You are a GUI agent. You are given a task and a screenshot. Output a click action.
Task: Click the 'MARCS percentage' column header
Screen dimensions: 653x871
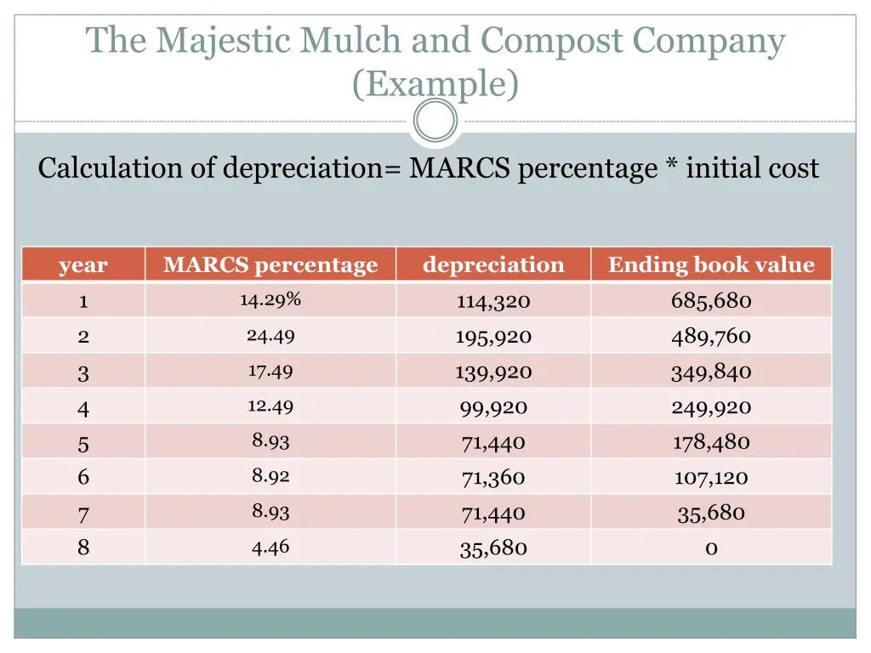pyautogui.click(x=270, y=265)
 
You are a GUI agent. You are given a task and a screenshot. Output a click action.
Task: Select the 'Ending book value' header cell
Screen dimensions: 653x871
pyautogui.click(x=711, y=265)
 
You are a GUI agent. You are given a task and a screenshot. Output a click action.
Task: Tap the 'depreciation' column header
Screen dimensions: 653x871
pyautogui.click(x=493, y=265)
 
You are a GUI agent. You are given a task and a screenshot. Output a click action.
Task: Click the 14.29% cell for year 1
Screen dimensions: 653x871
pyautogui.click(x=270, y=299)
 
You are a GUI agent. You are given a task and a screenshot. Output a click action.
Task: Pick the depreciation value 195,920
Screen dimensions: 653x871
pyautogui.click(x=493, y=337)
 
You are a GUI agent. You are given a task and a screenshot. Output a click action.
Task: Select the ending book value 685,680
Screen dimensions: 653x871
pyautogui.click(x=711, y=301)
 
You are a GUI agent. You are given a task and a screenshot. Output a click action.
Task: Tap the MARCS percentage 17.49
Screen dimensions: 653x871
pyautogui.click(x=270, y=371)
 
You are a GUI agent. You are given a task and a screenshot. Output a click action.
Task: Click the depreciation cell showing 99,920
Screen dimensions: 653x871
pyautogui.click(x=493, y=408)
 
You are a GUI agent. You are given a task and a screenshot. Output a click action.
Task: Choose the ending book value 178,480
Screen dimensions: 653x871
pyautogui.click(x=711, y=443)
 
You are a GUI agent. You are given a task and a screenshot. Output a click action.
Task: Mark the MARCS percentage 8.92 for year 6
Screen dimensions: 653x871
pyautogui.click(x=270, y=476)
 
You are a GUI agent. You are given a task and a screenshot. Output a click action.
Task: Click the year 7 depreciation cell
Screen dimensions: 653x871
pyautogui.click(x=493, y=514)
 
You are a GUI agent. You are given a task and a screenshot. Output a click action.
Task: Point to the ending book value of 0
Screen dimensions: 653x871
pyautogui.click(x=711, y=548)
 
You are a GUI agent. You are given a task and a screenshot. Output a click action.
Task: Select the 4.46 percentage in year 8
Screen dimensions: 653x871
pyautogui.click(x=270, y=547)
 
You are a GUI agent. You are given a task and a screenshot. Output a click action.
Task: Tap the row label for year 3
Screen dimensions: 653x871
pyautogui.click(x=83, y=372)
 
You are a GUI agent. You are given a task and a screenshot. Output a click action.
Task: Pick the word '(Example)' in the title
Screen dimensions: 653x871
pyautogui.click(x=435, y=84)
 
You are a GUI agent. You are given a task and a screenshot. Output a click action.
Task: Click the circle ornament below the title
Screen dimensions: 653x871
pyautogui.click(x=435, y=121)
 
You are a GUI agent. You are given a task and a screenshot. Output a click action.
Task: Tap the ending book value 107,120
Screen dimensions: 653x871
pyautogui.click(x=711, y=478)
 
